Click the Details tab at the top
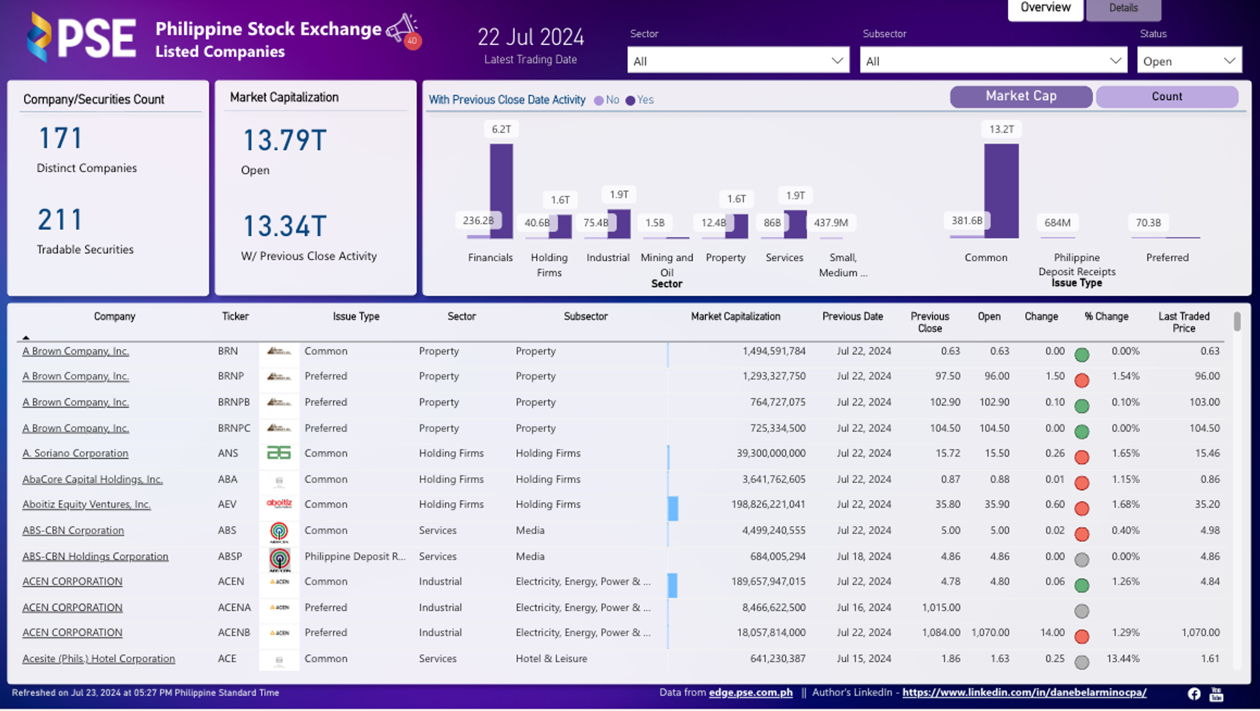tap(1123, 8)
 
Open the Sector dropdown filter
tap(738, 61)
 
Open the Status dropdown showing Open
tap(1189, 61)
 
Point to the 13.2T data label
tap(1001, 129)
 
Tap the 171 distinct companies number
tap(60, 139)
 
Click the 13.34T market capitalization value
tap(285, 226)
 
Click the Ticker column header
tap(235, 316)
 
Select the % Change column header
tap(1106, 316)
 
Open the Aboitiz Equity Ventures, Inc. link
tap(86, 504)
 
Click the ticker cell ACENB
tap(234, 632)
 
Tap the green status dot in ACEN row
tap(1082, 585)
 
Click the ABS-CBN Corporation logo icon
tap(279, 532)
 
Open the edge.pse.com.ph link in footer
tap(750, 693)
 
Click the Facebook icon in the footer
tap(1194, 693)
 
